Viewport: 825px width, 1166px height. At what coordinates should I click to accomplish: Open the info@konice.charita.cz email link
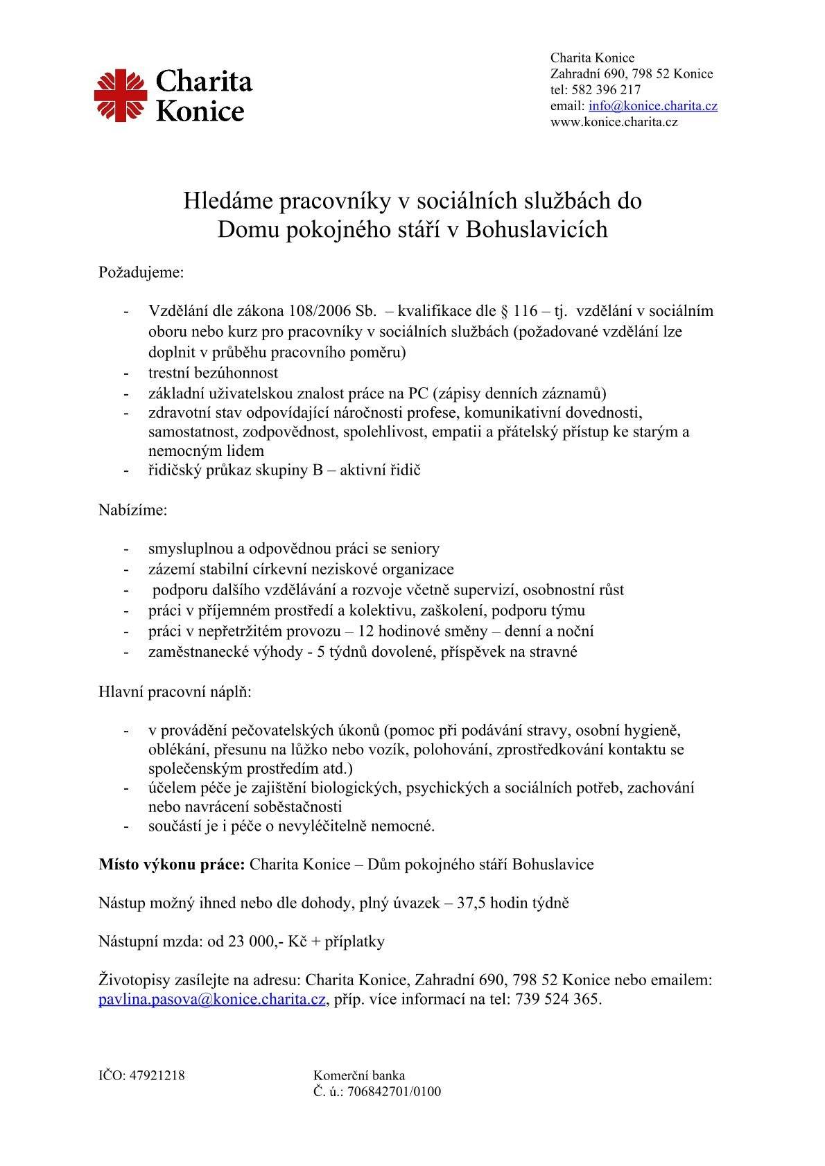pos(652,106)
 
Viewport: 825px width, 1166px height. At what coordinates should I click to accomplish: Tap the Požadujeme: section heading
pos(141,272)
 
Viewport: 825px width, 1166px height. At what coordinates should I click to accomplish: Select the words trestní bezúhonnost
pos(213,373)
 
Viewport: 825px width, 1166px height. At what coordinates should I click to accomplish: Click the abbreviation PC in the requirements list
pos(418,394)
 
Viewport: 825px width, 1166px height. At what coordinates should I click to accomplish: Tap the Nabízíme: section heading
pos(133,511)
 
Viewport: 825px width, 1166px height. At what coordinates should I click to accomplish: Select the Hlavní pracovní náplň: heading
pos(175,692)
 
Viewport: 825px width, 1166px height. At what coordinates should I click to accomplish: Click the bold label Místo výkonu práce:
pos(171,865)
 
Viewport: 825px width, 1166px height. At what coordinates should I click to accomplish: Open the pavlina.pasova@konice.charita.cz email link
pos(211,1000)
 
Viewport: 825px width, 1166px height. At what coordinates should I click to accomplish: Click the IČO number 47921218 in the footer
pos(157,1076)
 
